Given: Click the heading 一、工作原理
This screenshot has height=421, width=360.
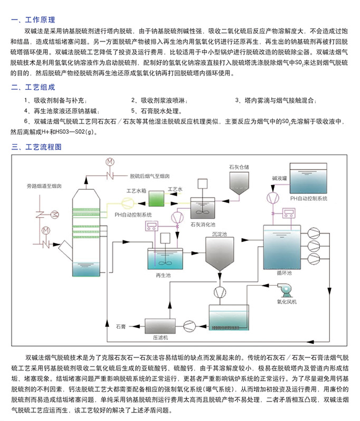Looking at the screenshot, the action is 33,20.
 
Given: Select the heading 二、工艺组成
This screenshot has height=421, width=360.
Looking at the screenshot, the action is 33,87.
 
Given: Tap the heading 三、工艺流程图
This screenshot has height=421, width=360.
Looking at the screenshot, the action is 36,147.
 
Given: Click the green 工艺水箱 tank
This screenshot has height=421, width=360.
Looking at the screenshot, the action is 156,199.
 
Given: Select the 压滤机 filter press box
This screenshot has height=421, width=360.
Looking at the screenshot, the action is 160,326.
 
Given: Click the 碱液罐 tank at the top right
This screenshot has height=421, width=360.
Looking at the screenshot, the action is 308,178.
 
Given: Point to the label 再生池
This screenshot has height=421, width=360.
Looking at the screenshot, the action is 163,275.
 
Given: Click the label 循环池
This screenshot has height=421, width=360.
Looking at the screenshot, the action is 284,273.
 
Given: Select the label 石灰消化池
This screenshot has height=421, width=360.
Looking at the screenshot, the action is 203,224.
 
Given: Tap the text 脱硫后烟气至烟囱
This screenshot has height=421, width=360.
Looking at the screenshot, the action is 150,176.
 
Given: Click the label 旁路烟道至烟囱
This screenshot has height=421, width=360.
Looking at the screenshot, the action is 44,186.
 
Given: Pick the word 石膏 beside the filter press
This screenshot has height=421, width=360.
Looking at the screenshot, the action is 121,326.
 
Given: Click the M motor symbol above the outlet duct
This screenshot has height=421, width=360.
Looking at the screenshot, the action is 110,162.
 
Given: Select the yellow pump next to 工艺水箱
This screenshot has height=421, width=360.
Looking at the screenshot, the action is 127,203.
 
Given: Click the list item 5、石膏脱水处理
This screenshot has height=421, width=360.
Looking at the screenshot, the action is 157,111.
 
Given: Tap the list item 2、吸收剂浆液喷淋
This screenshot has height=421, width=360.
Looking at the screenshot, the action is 159,100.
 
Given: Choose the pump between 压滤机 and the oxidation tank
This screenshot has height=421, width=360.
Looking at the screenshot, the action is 190,326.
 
